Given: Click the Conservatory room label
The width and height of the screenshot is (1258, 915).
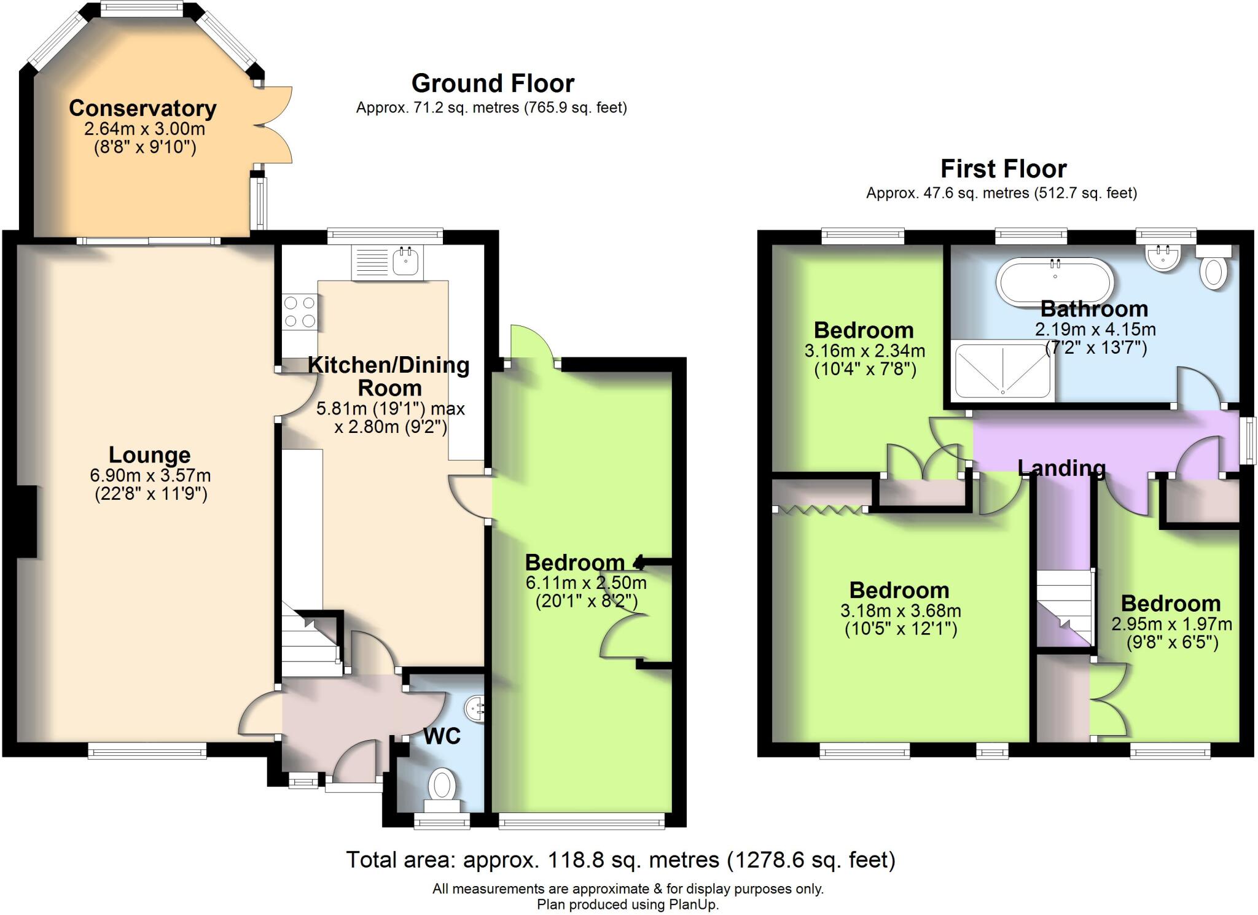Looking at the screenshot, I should pyautogui.click(x=143, y=108).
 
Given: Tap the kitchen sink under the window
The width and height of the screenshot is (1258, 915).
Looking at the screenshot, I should pyautogui.click(x=405, y=263).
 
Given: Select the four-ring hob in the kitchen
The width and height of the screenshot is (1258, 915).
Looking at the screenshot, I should pyautogui.click(x=299, y=313).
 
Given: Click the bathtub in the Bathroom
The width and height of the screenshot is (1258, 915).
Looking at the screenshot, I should pyautogui.click(x=1055, y=282).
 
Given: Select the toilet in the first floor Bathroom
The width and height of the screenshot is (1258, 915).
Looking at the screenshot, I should pyautogui.click(x=1213, y=271).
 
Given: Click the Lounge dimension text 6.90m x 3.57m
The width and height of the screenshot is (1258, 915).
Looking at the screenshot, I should pyautogui.click(x=150, y=475).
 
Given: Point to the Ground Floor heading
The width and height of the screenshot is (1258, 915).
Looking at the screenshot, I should pyautogui.click(x=493, y=83).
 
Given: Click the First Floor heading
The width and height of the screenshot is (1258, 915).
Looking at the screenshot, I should pyautogui.click(x=1003, y=168).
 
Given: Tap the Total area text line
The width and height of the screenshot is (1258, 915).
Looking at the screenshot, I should pyautogui.click(x=620, y=859).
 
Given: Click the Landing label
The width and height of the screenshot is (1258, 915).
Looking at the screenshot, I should pyautogui.click(x=1061, y=468).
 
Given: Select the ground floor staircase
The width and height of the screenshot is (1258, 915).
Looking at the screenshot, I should pyautogui.click(x=310, y=645).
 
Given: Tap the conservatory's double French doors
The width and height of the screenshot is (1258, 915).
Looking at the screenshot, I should pyautogui.click(x=273, y=125).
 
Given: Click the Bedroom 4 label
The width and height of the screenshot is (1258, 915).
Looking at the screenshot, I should pyautogui.click(x=584, y=563).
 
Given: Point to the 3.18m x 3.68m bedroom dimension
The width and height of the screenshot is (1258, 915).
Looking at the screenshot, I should pyautogui.click(x=900, y=611).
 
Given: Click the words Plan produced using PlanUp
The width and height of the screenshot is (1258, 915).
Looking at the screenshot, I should pyautogui.click(x=627, y=905).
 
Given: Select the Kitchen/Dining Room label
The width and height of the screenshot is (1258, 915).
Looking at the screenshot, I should pyautogui.click(x=389, y=376).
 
